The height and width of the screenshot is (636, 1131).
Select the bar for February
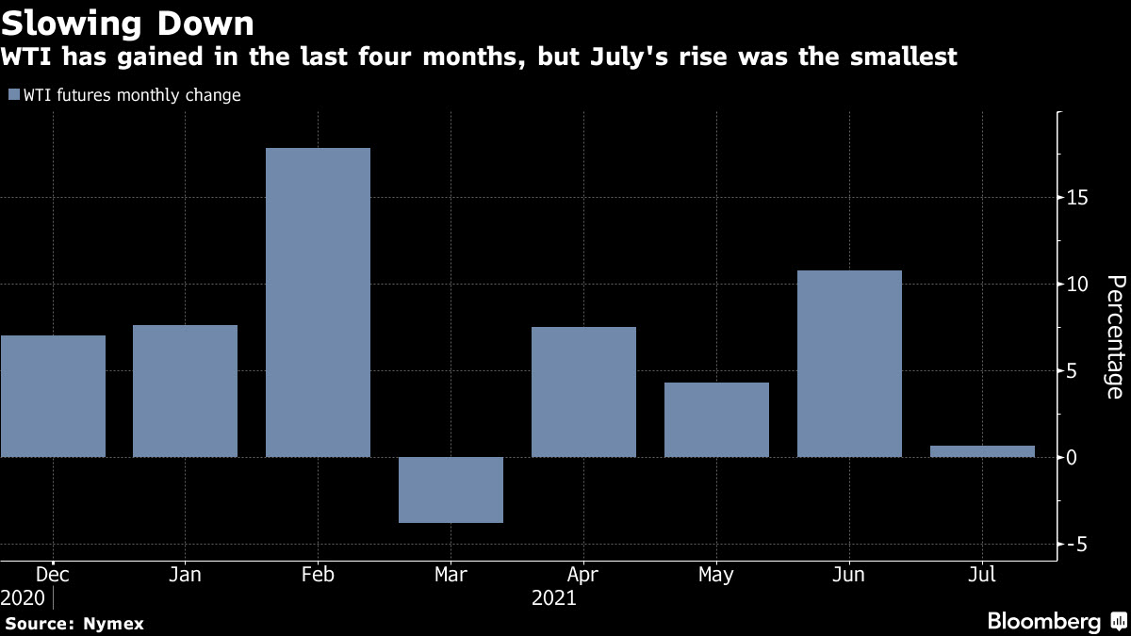click(x=318, y=302)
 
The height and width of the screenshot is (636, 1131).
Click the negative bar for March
click(x=451, y=490)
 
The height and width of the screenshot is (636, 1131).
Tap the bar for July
click(x=982, y=451)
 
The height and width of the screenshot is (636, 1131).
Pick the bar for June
click(x=849, y=364)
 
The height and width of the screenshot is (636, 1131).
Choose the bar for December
click(x=53, y=396)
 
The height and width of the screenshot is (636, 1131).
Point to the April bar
click(x=583, y=392)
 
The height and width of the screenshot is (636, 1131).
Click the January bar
click(x=185, y=391)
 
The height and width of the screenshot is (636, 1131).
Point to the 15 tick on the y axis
click(x=1078, y=198)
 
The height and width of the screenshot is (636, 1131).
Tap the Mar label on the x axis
click(x=451, y=573)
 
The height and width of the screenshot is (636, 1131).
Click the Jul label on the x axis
click(x=982, y=573)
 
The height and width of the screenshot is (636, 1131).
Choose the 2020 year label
click(x=23, y=597)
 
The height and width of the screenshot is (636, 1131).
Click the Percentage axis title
click(x=1114, y=336)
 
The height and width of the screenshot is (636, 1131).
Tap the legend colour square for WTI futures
click(x=13, y=94)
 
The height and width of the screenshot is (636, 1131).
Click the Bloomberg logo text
click(x=1043, y=621)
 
